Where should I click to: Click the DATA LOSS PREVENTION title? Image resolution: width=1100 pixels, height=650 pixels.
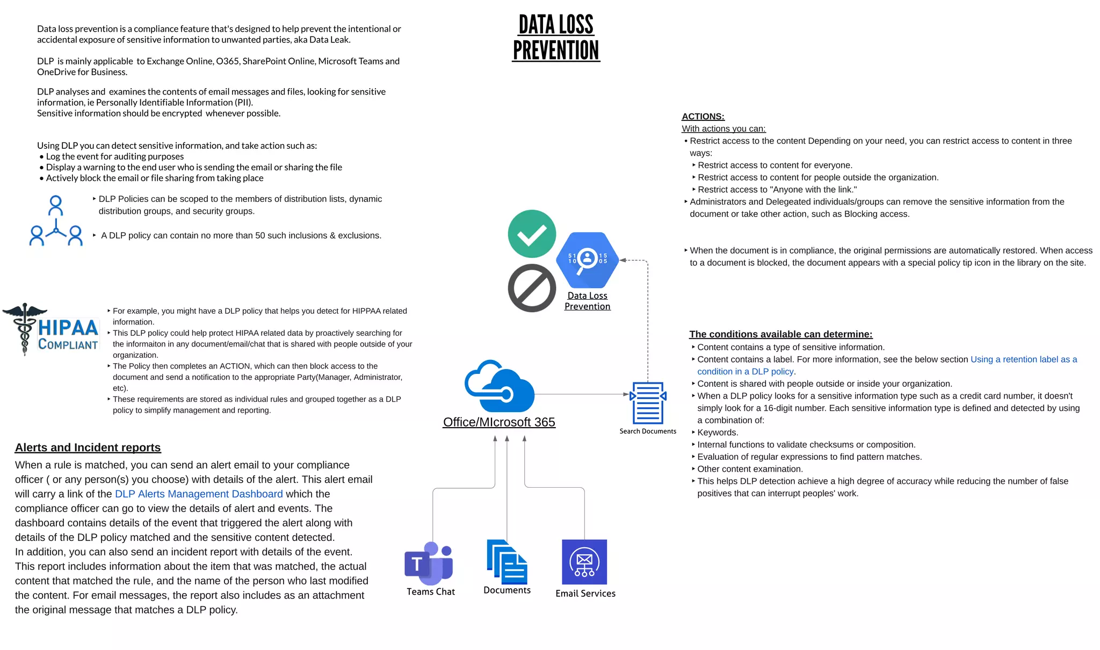[556, 38]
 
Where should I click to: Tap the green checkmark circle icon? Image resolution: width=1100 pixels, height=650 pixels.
[532, 234]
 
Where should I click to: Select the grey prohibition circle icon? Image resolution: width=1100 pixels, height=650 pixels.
[532, 288]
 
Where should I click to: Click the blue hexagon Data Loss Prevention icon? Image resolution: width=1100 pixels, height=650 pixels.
[588, 260]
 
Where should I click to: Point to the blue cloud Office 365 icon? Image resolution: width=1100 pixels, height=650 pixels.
[499, 387]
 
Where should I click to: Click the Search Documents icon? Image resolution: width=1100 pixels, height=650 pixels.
[648, 403]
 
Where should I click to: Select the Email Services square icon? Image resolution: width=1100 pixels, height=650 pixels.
[584, 562]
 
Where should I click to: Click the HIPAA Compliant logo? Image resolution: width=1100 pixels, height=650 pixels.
[52, 329]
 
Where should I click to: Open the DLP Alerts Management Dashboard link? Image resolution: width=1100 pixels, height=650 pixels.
[199, 494]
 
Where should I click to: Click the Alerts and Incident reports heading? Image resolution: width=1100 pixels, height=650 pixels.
[88, 447]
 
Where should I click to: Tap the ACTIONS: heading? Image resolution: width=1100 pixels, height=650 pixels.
[703, 117]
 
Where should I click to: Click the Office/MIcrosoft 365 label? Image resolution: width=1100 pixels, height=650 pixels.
[499, 422]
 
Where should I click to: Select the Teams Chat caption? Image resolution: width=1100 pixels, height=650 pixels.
[431, 591]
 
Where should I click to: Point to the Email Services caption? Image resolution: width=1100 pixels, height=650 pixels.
[585, 593]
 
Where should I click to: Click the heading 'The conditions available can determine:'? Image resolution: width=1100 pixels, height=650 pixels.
[781, 334]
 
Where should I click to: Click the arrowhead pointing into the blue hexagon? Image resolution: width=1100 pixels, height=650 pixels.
[623, 260]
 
